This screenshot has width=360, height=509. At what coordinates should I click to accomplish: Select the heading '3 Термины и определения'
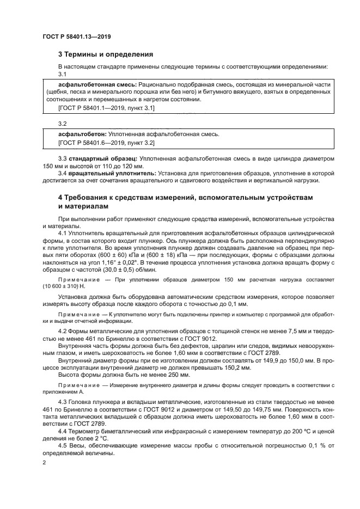[x=106, y=54]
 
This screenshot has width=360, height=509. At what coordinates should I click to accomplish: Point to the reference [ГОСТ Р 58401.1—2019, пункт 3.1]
[x=106, y=108]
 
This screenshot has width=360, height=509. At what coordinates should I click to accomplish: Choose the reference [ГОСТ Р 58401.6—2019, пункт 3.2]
[x=106, y=142]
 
